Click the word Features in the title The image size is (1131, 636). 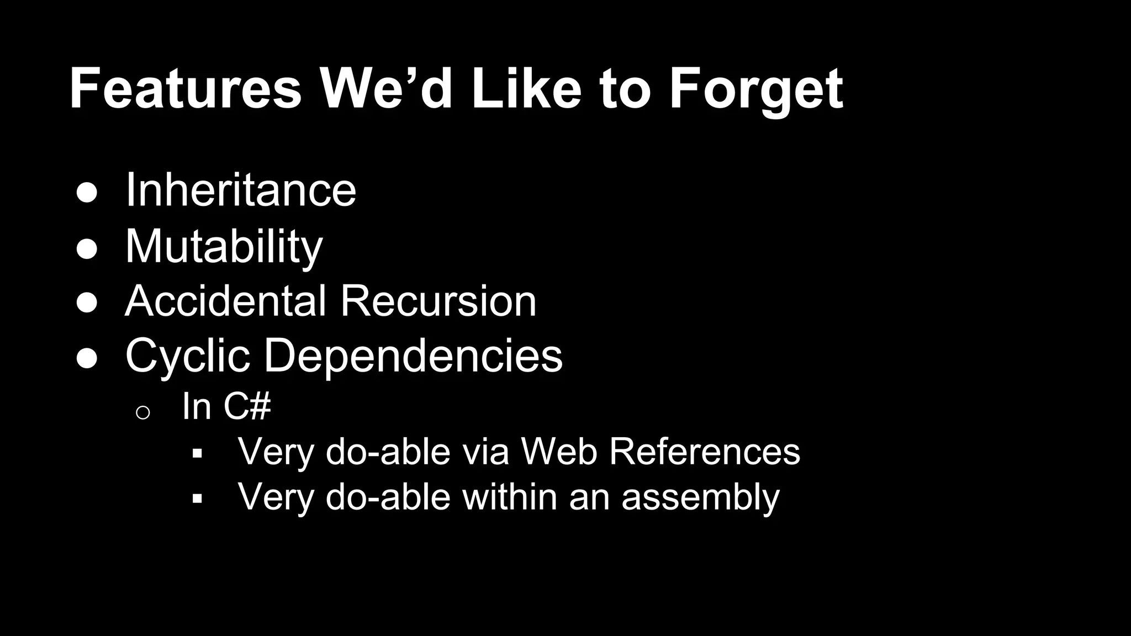(186, 88)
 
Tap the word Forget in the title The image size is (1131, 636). (755, 88)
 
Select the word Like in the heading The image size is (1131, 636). (525, 88)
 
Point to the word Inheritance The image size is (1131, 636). (241, 190)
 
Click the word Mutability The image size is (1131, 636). (224, 246)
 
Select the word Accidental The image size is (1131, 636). (226, 301)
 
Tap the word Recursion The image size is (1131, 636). (438, 301)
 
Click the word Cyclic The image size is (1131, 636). (187, 356)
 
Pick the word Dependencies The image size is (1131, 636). (413, 356)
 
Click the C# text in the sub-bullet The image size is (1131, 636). (247, 406)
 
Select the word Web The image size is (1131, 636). (559, 452)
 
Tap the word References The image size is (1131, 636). (704, 452)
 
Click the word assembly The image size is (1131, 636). (700, 497)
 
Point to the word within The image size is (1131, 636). (509, 497)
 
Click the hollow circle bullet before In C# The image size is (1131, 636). (142, 412)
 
